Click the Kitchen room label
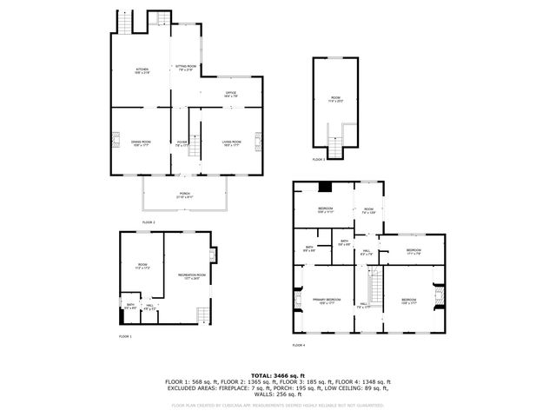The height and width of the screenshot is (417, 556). click(142, 71)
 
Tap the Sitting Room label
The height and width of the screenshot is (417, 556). click(186, 67)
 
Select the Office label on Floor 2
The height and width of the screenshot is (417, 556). click(231, 93)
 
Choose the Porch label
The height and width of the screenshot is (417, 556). click(184, 195)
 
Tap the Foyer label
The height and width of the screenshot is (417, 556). click(182, 142)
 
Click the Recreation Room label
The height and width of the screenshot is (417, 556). click(191, 276)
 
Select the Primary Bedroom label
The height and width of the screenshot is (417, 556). click(326, 301)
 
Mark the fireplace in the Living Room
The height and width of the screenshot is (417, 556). click(258, 141)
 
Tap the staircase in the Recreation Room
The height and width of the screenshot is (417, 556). click(202, 314)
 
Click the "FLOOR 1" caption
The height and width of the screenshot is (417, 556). click(125, 336)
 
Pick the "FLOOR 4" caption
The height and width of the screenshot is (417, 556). click(299, 345)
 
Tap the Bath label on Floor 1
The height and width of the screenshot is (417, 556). click(129, 304)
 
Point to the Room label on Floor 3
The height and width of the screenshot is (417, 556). click(335, 98)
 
